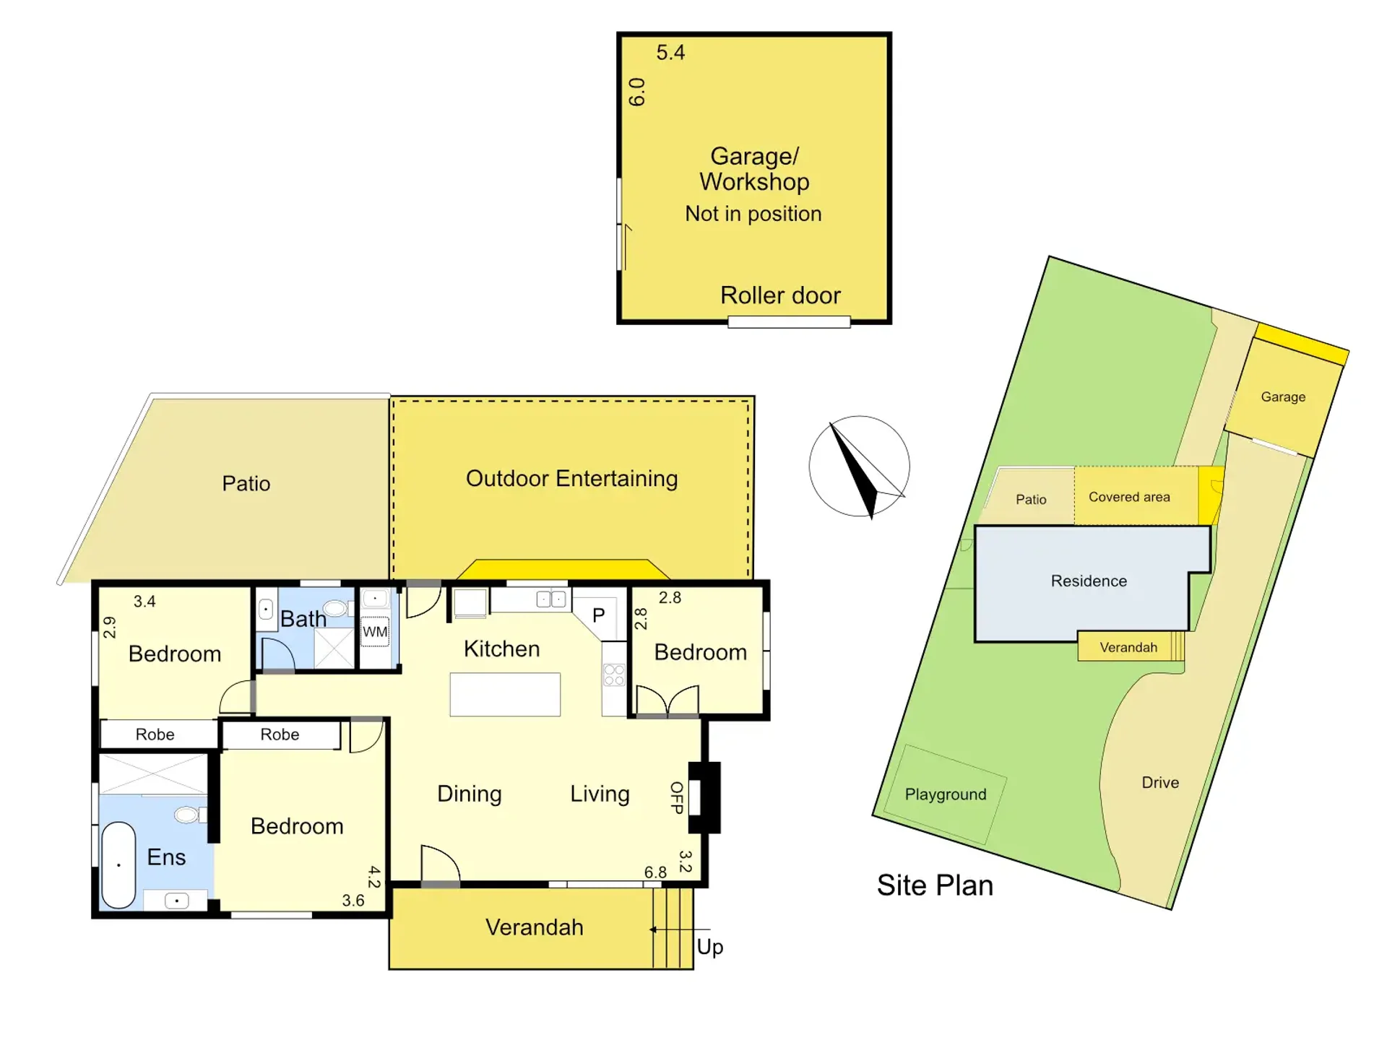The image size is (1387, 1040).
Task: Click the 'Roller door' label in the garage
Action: [780, 295]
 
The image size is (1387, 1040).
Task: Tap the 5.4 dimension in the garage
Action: [670, 53]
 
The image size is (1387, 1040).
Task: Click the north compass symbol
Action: [859, 467]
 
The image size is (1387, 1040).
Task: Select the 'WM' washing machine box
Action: [375, 632]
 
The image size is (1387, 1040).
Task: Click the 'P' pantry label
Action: [598, 615]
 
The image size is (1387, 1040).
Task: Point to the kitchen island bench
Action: [505, 694]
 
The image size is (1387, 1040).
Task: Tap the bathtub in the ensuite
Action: [118, 864]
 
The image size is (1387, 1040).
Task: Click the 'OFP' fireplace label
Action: [677, 797]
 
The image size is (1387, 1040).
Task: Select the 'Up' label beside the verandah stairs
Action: [710, 947]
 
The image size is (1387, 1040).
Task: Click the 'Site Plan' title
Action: [935, 885]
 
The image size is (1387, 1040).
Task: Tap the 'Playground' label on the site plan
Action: [946, 794]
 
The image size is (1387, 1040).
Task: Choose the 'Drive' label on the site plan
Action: [1160, 783]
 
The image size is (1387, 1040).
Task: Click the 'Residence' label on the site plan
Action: [1089, 581]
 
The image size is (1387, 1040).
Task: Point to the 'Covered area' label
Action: [1129, 497]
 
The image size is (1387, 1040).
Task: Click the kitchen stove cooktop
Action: [614, 675]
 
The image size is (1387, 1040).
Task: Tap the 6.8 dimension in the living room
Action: [655, 872]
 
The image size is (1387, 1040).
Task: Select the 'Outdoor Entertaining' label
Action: [571, 479]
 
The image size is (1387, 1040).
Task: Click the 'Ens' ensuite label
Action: [166, 857]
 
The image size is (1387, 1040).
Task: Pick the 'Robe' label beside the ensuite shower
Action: [155, 734]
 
